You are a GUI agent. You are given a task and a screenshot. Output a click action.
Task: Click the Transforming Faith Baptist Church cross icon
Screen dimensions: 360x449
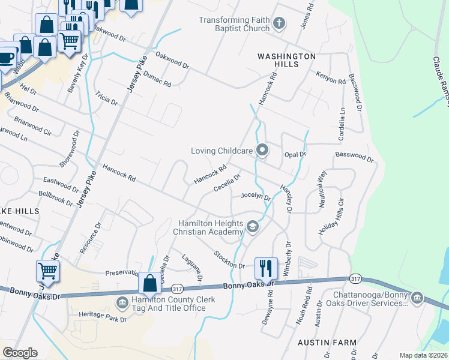tap(278, 24)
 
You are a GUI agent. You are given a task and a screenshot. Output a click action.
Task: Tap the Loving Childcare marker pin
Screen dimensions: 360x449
tap(262, 151)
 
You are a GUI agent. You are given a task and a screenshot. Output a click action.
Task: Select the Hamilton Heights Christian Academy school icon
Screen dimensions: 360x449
tap(253, 227)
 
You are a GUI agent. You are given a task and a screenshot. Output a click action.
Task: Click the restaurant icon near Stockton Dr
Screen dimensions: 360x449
tap(266, 268)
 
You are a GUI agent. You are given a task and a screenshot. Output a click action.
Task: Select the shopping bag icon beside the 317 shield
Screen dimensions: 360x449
tap(149, 283)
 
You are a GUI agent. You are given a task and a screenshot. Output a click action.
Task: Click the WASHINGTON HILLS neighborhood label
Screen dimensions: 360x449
tap(286, 56)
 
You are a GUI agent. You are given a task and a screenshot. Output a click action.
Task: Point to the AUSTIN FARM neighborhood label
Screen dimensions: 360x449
tap(327, 343)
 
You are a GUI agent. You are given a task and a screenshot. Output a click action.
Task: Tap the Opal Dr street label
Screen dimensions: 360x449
tap(295, 155)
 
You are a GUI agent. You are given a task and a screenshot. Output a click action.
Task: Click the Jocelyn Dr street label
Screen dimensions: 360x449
tap(256, 196)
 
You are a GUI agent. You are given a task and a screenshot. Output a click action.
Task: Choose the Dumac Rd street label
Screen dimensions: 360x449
tap(157, 79)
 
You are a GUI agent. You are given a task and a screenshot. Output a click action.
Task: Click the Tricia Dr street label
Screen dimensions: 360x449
tap(106, 98)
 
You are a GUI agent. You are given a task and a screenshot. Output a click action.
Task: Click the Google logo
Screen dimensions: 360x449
tap(20, 353)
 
